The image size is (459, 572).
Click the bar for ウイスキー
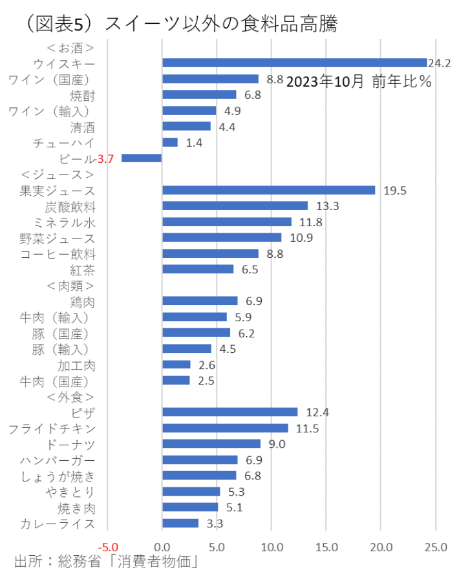point(294,63)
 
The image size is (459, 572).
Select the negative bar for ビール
point(142,158)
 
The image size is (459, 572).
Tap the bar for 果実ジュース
point(268,190)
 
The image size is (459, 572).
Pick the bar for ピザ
point(229,412)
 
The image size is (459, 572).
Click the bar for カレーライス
point(180,524)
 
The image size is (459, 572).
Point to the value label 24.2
point(440,63)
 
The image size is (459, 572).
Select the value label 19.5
point(395,191)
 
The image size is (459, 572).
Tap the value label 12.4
point(317,412)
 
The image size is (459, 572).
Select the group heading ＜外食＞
point(70,397)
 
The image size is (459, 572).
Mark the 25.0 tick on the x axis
point(436,547)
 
